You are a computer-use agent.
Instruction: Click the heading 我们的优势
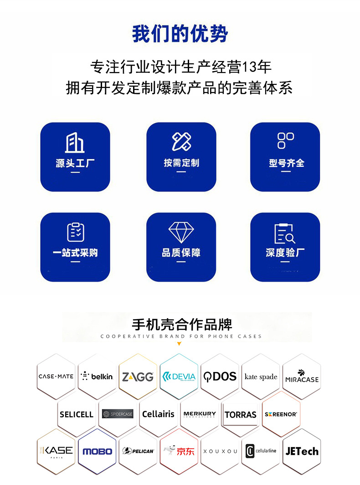pos(180,34)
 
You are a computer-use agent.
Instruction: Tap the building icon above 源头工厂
pos(75,142)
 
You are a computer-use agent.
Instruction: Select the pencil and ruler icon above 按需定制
pos(181,142)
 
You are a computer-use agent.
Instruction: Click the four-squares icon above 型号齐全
pos(285,140)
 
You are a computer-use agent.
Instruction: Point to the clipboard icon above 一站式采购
pos(75,232)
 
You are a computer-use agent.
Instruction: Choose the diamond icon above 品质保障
pos(181,232)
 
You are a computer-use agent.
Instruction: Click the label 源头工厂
pos(75,163)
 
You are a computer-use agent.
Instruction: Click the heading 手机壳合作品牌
pos(182,325)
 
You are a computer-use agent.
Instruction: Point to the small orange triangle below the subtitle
pos(179,343)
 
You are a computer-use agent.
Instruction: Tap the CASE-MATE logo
pos(56,377)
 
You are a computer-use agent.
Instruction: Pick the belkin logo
pos(97,377)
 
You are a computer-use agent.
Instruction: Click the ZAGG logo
pos(138,377)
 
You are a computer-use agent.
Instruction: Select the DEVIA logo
pos(179,377)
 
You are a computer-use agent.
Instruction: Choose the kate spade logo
pos(261,377)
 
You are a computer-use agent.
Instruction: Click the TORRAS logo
pos(240,414)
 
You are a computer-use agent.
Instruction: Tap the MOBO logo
pos(97,451)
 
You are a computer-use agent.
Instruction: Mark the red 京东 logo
pos(179,451)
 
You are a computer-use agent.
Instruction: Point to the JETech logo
pos(302,451)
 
